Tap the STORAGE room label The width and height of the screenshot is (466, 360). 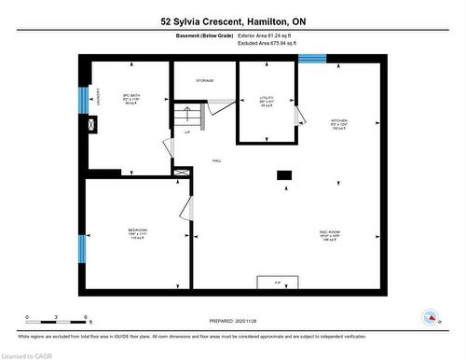point(205,81)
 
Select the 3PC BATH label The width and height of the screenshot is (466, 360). point(130,96)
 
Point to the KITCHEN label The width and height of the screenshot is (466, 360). point(339,123)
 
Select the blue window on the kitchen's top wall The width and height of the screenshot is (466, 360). point(312,58)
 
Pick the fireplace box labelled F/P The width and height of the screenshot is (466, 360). point(277,283)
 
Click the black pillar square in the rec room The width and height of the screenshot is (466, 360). point(284,174)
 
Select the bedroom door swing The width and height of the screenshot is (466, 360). point(186,210)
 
